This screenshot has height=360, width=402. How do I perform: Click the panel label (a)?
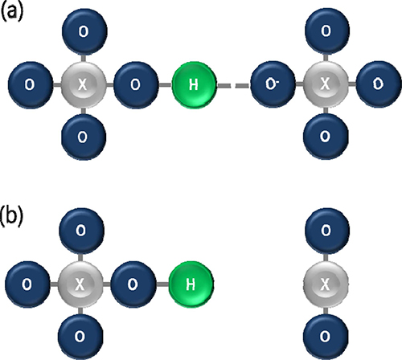12,13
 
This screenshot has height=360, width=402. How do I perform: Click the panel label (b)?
12,216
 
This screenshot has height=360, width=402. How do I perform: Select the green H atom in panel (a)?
194,84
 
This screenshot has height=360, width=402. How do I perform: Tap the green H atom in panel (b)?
191,284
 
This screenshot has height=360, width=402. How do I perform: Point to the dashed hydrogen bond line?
234,85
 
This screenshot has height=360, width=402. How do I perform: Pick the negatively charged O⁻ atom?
273,84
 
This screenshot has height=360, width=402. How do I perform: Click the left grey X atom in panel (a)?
84,84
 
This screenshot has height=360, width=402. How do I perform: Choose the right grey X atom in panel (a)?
326,84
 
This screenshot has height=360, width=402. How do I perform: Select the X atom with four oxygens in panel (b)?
80,284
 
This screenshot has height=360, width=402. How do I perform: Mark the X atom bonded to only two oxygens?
326,284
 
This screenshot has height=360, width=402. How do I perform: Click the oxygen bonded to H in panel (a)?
136,84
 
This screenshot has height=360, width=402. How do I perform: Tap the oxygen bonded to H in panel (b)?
133,284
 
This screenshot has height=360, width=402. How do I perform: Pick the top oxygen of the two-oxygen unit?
327,231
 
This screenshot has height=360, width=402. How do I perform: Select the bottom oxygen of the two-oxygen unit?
326,337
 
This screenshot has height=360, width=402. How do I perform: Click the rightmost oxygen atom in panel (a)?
379,84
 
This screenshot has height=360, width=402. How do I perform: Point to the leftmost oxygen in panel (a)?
31,84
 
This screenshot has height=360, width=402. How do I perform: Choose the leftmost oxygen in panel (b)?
27,284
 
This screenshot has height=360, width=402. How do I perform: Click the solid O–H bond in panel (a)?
165,85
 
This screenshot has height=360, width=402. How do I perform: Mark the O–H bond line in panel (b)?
162,284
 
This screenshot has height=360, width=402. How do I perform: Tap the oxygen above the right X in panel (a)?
327,31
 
